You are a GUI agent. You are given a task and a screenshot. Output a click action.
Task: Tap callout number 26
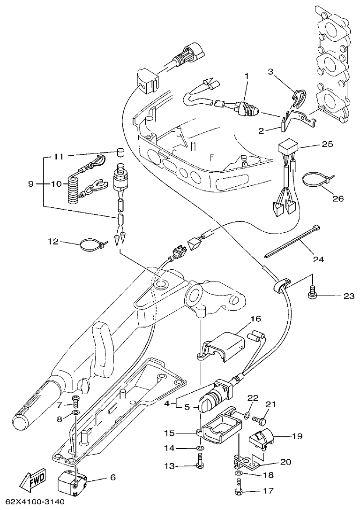337,198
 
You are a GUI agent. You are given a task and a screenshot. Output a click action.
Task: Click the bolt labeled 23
312,294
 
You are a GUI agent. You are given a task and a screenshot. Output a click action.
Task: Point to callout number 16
255,319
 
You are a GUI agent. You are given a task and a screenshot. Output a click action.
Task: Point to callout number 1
247,75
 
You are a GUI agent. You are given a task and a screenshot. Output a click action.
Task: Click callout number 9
31,184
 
